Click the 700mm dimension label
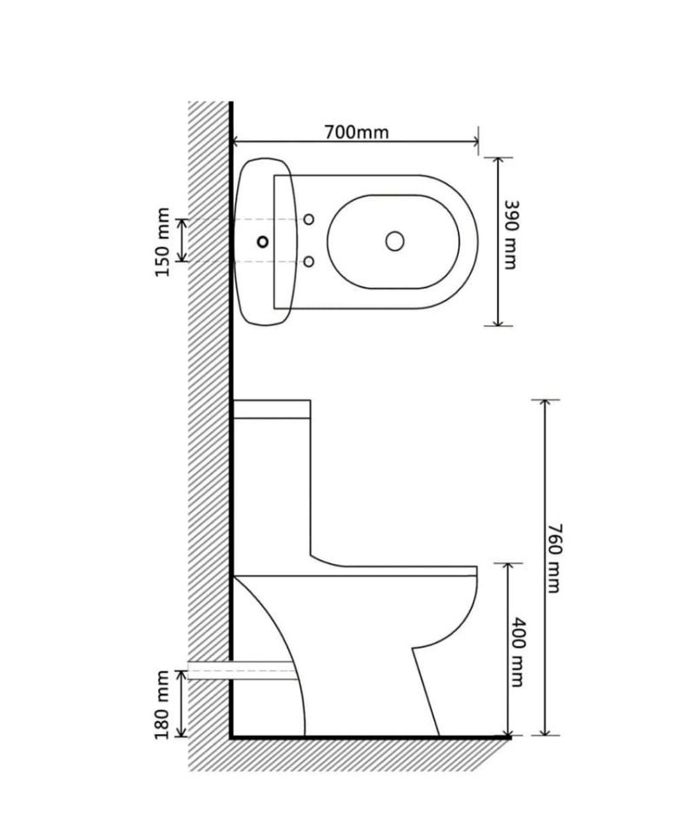click(x=356, y=133)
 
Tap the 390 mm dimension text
click(x=510, y=235)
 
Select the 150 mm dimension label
click(x=162, y=242)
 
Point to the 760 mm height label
click(x=553, y=559)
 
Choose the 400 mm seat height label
click(x=516, y=652)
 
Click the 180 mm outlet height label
click(x=162, y=704)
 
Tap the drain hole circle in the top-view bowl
click(x=394, y=241)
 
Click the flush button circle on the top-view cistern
click(x=263, y=241)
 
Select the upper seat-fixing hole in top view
click(x=308, y=220)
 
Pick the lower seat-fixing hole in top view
click(x=308, y=262)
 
